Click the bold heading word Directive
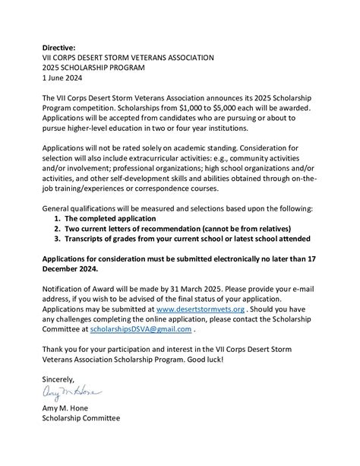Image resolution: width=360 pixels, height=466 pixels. coord(60,47)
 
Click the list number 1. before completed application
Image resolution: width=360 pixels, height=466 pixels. coord(57,217)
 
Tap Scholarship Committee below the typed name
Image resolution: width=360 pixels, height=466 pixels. coord(81,418)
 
